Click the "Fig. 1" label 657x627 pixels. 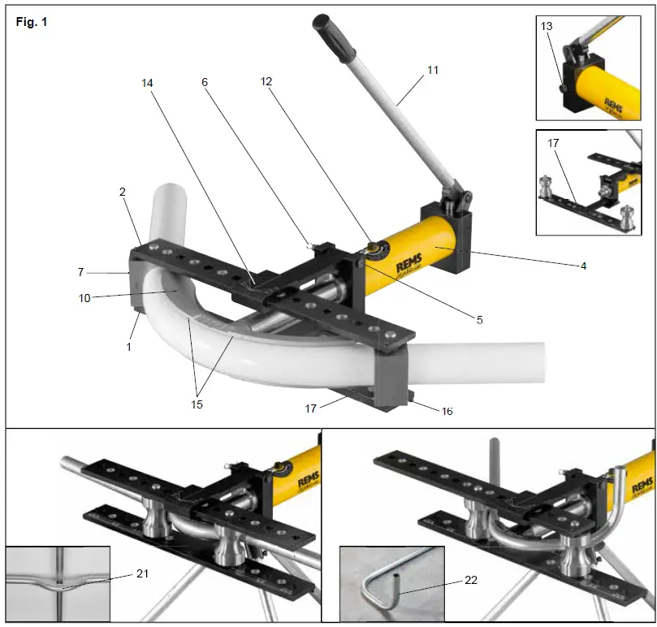click(x=32, y=22)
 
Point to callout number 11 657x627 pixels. click(x=432, y=71)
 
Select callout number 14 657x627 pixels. click(x=147, y=84)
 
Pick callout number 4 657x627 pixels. click(x=583, y=265)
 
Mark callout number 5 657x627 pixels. click(x=479, y=320)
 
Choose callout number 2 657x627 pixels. click(x=122, y=192)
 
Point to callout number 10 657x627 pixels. click(x=85, y=298)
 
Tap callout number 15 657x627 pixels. click(x=196, y=404)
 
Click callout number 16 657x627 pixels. click(x=446, y=411)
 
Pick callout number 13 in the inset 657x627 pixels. click(x=547, y=27)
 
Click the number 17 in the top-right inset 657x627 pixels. click(x=553, y=143)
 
